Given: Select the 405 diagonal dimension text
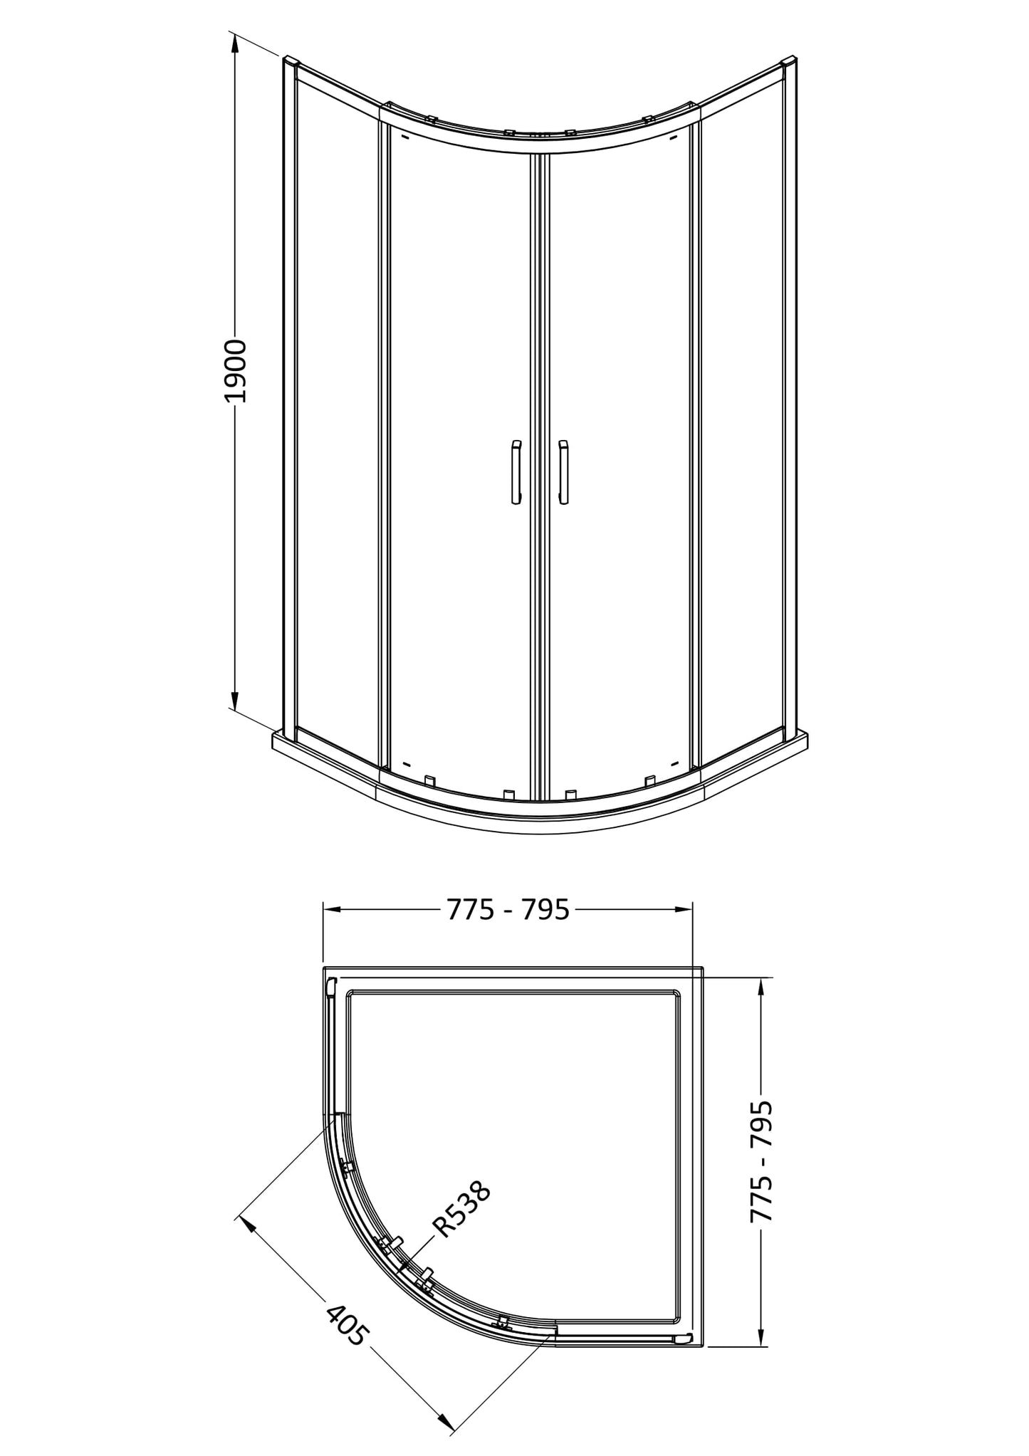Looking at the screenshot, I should click(x=348, y=1324).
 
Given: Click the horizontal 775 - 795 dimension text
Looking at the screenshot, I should click(x=508, y=909).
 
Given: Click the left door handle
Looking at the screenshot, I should click(x=516, y=472).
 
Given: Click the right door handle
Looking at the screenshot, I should click(x=564, y=472).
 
